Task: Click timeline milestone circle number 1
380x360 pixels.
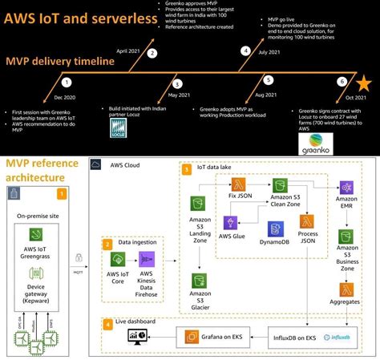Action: pos(67,82)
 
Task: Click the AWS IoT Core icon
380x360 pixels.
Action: pos(117,260)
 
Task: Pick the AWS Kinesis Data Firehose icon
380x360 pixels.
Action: pos(147,260)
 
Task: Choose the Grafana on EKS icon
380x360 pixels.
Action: pos(192,337)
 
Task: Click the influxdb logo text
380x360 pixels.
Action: pos(347,337)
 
